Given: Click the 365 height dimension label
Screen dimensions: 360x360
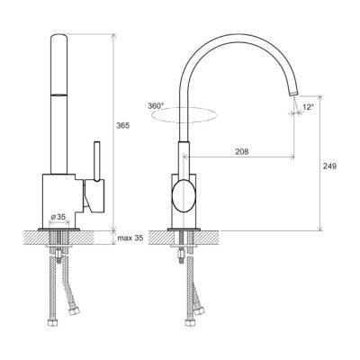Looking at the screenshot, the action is [x=123, y=126].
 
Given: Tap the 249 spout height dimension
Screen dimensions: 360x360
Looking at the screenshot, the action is [x=329, y=166].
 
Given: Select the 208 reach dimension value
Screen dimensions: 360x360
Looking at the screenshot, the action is [x=242, y=151].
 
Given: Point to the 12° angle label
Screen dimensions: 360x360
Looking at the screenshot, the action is [x=308, y=107].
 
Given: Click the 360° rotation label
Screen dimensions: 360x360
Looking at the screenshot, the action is [x=156, y=106].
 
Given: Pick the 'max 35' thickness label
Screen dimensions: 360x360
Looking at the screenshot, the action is [x=130, y=238].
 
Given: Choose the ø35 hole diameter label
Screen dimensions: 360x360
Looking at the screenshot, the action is [x=58, y=217].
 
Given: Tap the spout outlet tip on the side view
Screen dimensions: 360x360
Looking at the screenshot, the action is [x=294, y=94].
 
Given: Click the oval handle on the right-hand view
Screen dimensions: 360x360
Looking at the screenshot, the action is [x=184, y=195].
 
